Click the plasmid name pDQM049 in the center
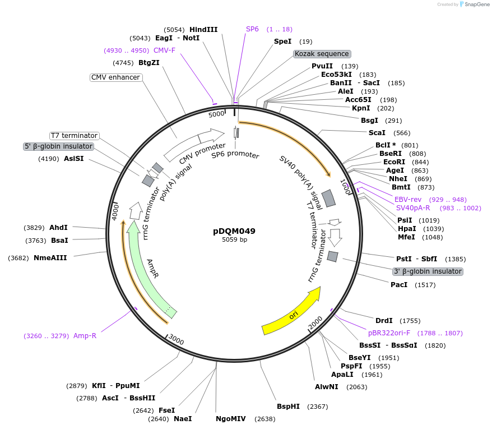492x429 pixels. pyautogui.click(x=234, y=230)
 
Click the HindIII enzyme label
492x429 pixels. pyautogui.click(x=203, y=30)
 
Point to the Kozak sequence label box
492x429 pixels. pyautogui.click(x=322, y=54)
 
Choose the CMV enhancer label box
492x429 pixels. pyautogui.click(x=116, y=77)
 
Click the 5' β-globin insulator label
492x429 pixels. pyautogui.click(x=58, y=146)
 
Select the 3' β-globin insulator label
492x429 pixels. pyautogui.click(x=428, y=271)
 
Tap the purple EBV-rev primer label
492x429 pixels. pyautogui.click(x=407, y=200)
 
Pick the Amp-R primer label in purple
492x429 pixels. pyautogui.click(x=85, y=336)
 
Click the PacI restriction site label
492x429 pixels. pyautogui.click(x=399, y=285)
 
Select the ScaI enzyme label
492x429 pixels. pyautogui.click(x=377, y=133)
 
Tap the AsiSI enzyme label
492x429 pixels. pyautogui.click(x=74, y=159)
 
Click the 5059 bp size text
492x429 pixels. pyautogui.click(x=234, y=239)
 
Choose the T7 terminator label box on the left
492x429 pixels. pyautogui.click(x=74, y=136)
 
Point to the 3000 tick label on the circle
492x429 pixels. pyautogui.click(x=175, y=340)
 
